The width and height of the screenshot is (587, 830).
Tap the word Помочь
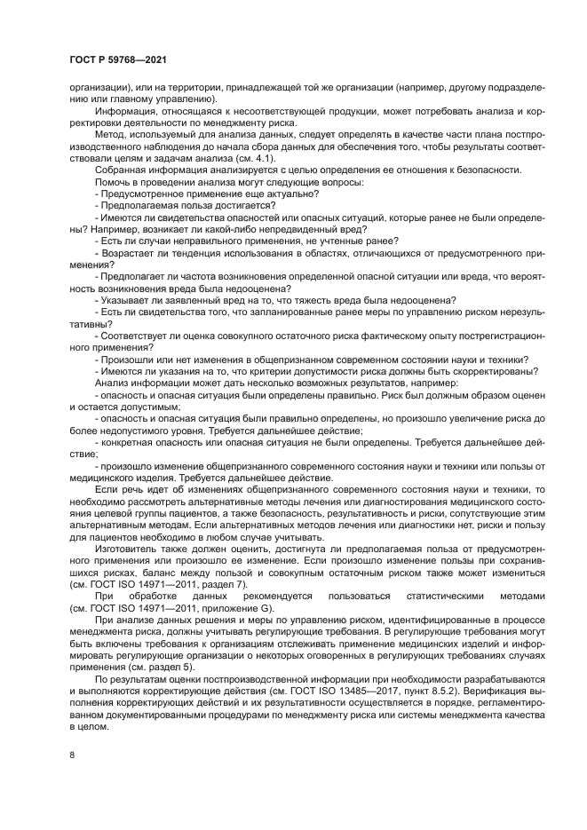click(115, 182)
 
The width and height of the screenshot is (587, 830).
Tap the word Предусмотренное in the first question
click(143, 194)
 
